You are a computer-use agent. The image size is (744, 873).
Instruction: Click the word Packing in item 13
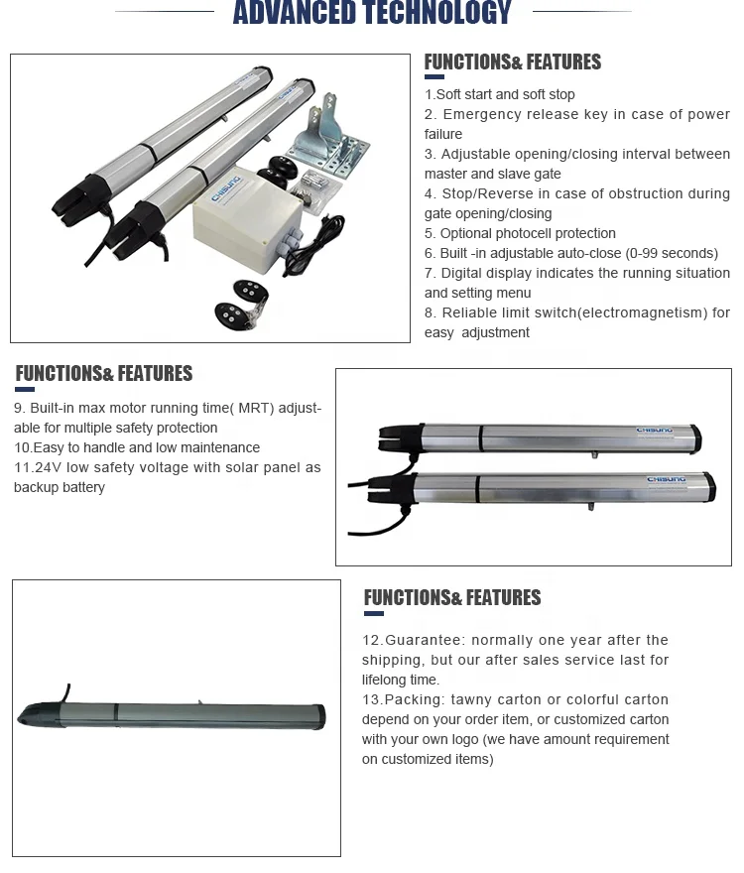point(411,699)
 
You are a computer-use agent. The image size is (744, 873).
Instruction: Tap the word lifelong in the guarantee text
point(386,680)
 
